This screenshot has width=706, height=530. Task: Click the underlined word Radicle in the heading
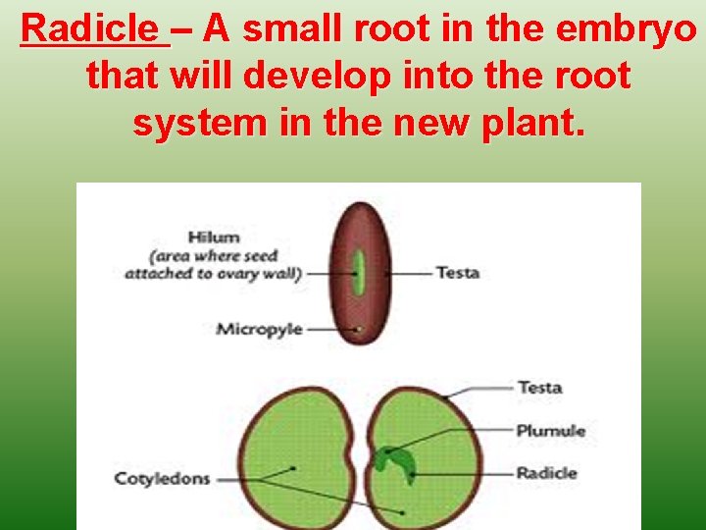tap(94, 30)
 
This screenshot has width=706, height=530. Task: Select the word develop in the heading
tap(287, 77)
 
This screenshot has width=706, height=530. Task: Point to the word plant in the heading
tap(529, 123)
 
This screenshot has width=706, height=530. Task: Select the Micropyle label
tap(259, 329)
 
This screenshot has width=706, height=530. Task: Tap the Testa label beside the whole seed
tap(457, 272)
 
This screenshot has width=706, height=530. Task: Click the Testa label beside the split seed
tap(539, 387)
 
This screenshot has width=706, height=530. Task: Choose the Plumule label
tap(550, 430)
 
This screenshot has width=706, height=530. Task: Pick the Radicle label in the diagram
tap(547, 473)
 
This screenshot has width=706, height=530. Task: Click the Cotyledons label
tap(162, 479)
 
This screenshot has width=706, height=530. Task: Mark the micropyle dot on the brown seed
tap(359, 329)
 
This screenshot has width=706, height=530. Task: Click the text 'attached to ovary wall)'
tap(213, 273)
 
